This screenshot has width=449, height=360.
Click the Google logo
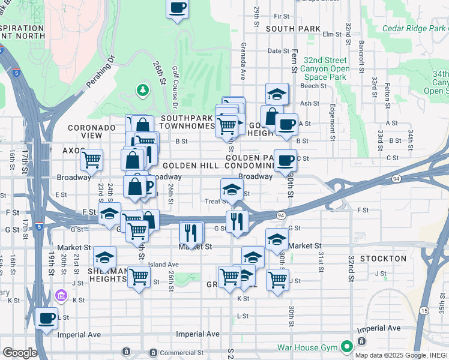[x=19, y=353]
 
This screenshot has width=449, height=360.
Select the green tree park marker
[x=142, y=91]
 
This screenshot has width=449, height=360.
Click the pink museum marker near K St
[x=60, y=296]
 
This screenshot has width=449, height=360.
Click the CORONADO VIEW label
[x=91, y=131]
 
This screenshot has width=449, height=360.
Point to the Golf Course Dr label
[x=175, y=84]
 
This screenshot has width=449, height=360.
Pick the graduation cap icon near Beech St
[x=277, y=94]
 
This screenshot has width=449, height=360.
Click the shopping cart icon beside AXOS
[x=91, y=159]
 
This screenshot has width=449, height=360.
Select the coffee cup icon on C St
[x=286, y=160]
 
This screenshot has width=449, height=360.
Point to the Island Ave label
[x=164, y=265]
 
